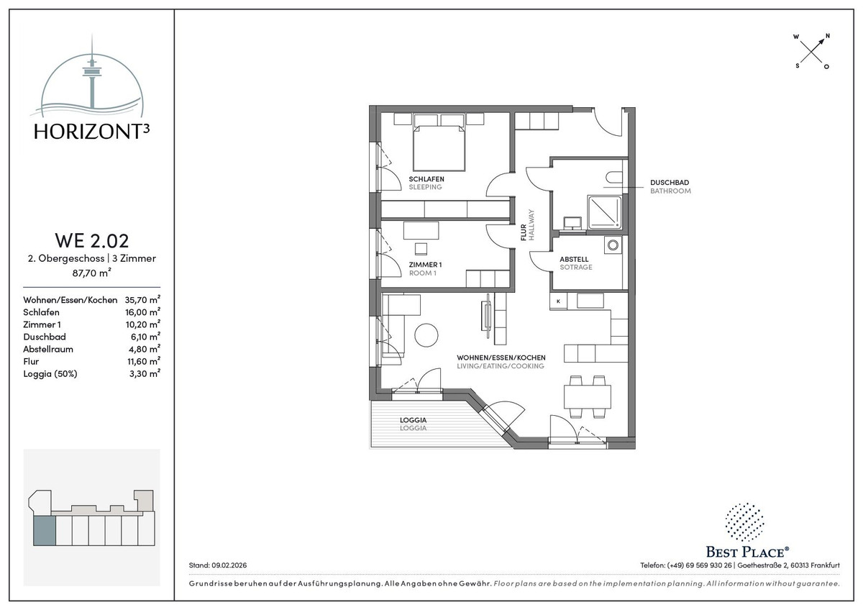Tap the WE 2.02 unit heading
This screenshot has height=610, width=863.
click(92, 240)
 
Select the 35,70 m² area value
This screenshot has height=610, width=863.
click(142, 299)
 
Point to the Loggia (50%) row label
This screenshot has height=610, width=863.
click(50, 374)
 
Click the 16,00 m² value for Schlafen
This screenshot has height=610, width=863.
click(142, 311)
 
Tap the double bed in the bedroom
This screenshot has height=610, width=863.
click(439, 147)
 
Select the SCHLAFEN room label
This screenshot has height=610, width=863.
click(426, 179)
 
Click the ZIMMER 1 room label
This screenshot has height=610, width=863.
click(425, 265)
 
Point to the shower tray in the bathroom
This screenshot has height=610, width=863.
click(605, 212)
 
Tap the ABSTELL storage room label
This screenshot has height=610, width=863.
click(574, 260)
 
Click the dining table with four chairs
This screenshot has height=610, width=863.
click(587, 396)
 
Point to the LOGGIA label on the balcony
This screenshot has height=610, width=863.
click(413, 420)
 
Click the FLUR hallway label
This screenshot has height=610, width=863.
click(524, 233)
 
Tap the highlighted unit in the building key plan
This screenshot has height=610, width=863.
click(45, 532)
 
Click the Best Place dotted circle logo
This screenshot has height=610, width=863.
click(744, 522)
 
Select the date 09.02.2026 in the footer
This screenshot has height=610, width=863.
click(229, 565)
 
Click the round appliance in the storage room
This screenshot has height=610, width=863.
click(613, 245)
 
